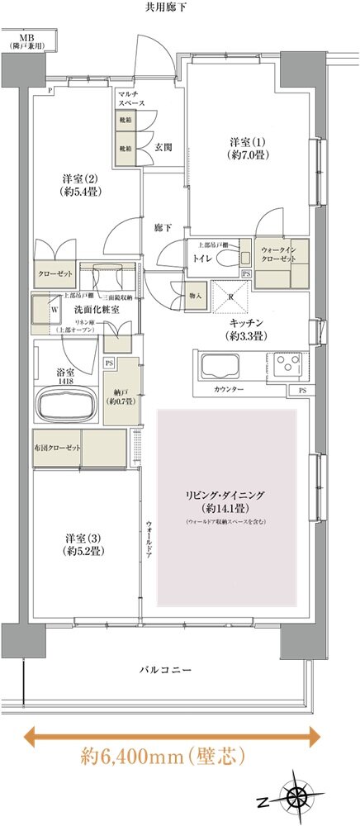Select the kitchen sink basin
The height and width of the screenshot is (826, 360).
tap(217, 364)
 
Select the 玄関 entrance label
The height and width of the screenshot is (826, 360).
tap(163, 148)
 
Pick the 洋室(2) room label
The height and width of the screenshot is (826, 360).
tap(76, 185)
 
